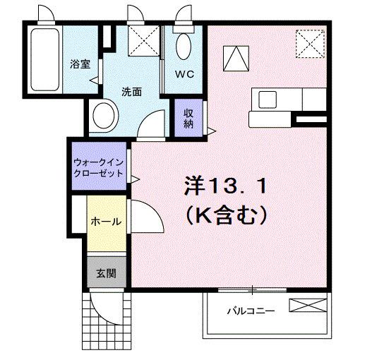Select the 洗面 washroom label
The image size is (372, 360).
[132, 91]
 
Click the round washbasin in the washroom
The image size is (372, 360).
[106, 116]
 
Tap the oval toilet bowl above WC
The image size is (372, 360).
[182, 47]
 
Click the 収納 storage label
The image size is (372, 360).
[189, 119]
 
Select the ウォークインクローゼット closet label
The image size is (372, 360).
[98, 167]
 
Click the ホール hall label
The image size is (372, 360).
[106, 222]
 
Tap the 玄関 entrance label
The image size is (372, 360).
[106, 274]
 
